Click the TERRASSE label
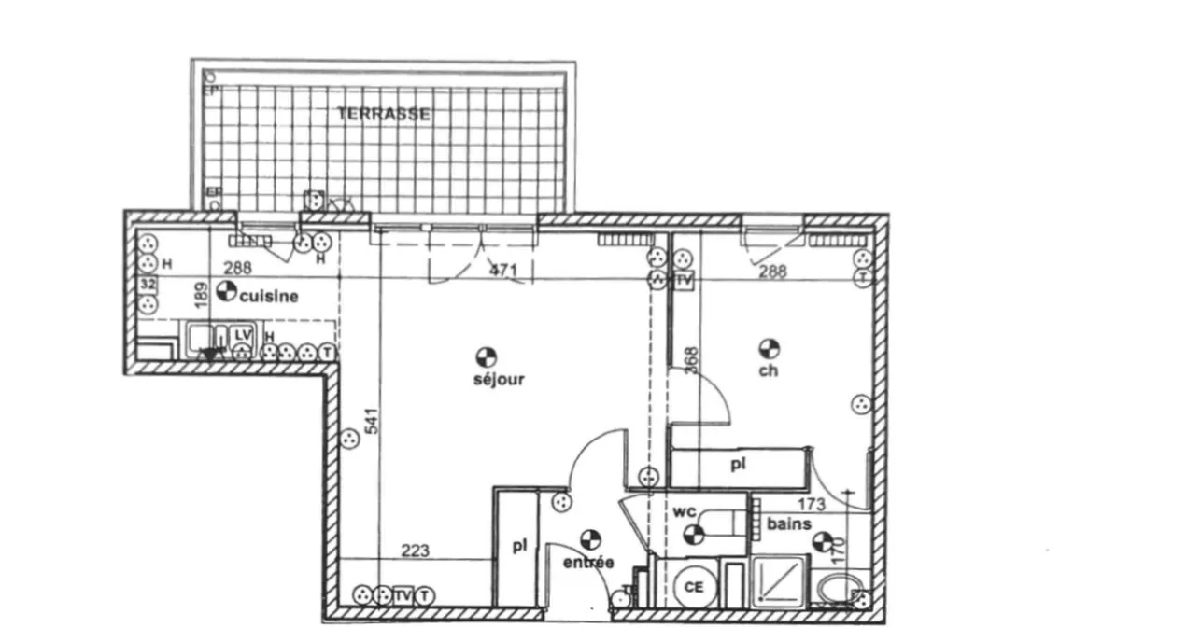[384, 114]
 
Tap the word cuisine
[269, 297]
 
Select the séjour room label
[499, 380]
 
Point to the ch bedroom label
[769, 370]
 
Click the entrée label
[588, 563]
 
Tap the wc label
[685, 511]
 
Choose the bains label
[789, 524]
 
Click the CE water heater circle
[694, 587]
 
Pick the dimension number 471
[503, 271]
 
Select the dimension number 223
[415, 551]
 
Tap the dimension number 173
[811, 505]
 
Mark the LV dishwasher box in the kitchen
[242, 333]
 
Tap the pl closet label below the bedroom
[737, 464]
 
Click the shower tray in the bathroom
[780, 580]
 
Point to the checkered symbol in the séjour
[485, 356]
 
